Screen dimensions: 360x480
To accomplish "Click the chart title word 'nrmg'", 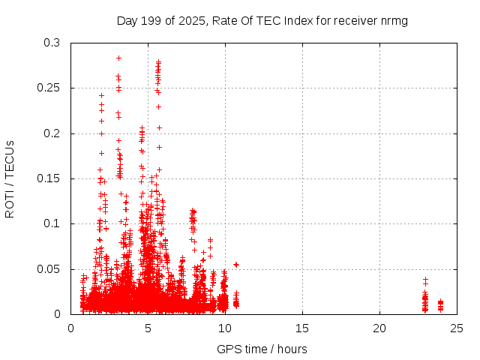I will (x=394, y=21).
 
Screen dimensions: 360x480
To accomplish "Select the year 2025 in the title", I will (x=191, y=21).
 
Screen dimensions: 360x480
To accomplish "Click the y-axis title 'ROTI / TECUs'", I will (x=10, y=178).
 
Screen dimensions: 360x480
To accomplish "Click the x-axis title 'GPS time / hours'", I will (x=262, y=349).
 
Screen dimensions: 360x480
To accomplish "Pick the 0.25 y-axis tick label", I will (x=51, y=88).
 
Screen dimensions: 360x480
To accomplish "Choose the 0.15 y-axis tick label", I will (x=51, y=178).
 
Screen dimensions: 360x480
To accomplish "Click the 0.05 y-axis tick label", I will (x=51, y=268).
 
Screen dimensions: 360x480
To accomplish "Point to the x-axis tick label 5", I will (x=148, y=328).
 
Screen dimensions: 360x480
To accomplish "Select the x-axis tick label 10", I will (x=225, y=328).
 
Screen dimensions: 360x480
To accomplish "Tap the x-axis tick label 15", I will (x=302, y=328).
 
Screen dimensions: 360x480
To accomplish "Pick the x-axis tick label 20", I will (x=379, y=328).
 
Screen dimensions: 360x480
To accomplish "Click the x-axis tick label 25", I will (x=457, y=328).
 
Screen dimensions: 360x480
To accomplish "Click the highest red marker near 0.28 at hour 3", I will (x=118, y=58).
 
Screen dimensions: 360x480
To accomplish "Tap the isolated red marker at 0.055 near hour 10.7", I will (x=236, y=264).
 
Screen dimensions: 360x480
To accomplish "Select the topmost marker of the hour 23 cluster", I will (x=425, y=279).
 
